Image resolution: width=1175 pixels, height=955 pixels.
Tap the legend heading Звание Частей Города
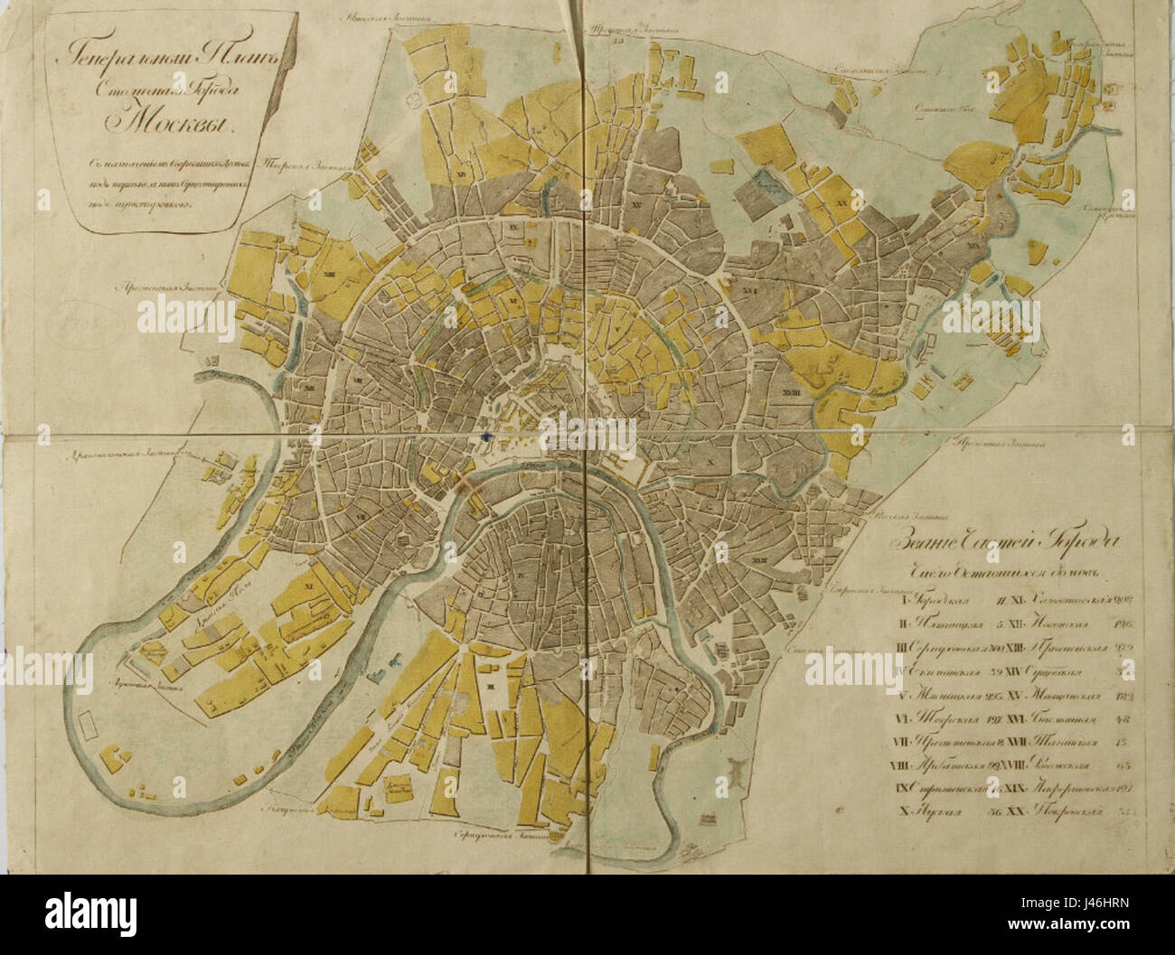(1003, 543)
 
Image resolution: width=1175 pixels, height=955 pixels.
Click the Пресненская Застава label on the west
(166, 291)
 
